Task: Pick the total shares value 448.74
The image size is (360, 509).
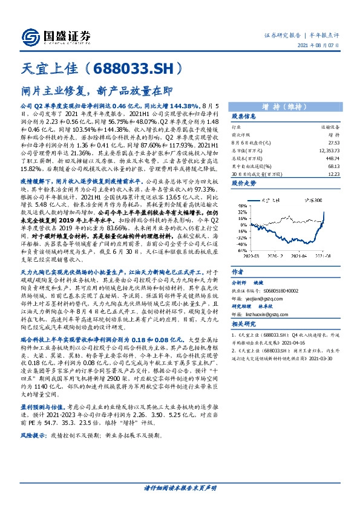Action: pos(332,157)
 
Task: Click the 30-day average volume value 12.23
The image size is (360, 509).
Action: pos(333,173)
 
